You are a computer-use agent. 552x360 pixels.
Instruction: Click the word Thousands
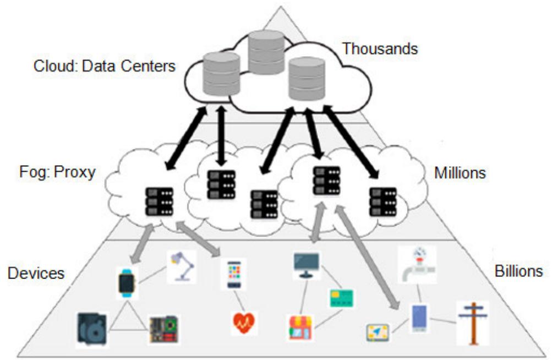pos(380,49)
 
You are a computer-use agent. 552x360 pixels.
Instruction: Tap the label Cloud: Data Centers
pos(104,67)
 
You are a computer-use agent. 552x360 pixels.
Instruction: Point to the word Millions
pos(460,172)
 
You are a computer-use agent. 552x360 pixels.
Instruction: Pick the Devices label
pos(36,273)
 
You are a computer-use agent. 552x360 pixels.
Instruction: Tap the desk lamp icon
pos(182,267)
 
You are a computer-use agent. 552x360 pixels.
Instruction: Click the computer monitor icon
pos(306,264)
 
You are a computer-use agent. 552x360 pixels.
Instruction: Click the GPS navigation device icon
pos(379,332)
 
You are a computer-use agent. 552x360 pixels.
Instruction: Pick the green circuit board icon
pos(164,329)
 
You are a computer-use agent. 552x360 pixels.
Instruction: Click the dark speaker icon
pos(92,329)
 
